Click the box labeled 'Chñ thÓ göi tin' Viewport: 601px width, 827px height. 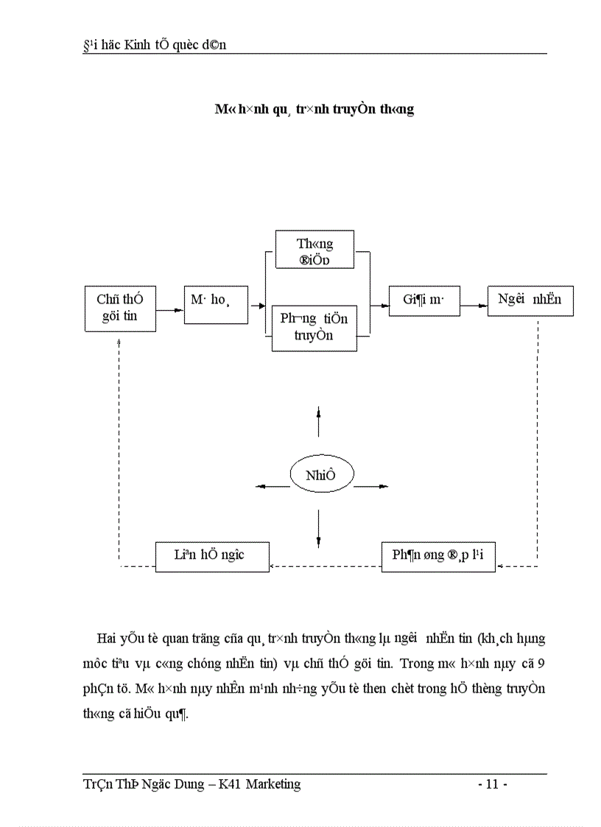[119, 309]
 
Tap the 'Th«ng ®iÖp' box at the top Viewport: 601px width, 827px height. [314, 250]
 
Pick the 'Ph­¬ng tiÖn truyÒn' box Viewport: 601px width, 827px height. [314, 327]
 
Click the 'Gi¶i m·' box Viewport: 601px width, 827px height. [424, 300]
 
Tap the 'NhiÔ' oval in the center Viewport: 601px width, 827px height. [320, 474]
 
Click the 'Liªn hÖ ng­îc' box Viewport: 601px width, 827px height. [212, 556]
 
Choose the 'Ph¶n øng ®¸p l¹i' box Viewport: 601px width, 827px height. [437, 556]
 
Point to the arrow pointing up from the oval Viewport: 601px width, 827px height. [318, 420]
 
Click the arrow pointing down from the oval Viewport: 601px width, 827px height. [318, 529]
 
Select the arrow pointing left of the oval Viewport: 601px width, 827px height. [272, 486]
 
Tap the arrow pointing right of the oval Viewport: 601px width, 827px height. [370, 486]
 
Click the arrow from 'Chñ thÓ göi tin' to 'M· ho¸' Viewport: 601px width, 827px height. [169, 310]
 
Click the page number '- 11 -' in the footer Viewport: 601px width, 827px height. [492, 784]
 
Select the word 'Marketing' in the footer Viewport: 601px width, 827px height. [273, 784]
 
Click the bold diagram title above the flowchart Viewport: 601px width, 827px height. [314, 109]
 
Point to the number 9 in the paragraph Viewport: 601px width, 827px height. [541, 664]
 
